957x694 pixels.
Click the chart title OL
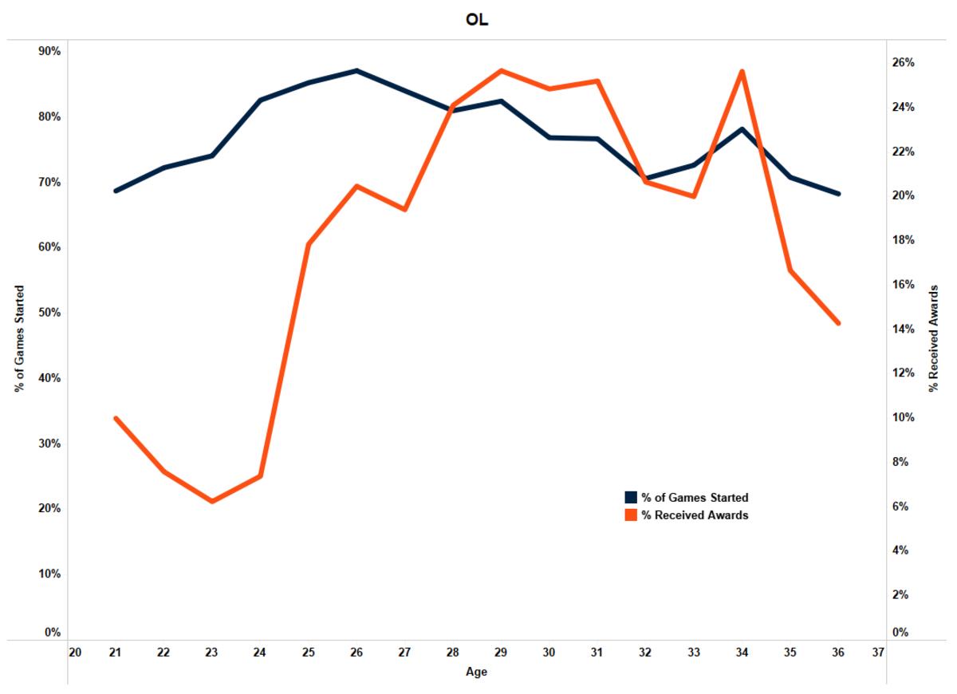[477, 20]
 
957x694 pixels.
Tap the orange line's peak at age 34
[742, 72]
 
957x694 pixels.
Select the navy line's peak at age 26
[356, 71]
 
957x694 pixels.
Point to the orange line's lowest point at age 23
[212, 501]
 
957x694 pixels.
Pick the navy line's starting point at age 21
[116, 191]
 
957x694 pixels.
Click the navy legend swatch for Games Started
[631, 498]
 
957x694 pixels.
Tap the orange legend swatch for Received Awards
[631, 515]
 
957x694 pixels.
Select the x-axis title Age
[477, 672]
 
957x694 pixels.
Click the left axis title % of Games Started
[18, 338]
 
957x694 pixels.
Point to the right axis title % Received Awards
[934, 338]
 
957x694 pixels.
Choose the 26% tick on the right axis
[903, 62]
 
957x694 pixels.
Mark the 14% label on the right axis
[903, 329]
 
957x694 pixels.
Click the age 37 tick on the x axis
[878, 652]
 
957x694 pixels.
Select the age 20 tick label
[75, 652]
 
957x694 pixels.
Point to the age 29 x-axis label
[501, 652]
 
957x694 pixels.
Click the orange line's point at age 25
[309, 243]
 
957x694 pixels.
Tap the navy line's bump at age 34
[742, 129]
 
